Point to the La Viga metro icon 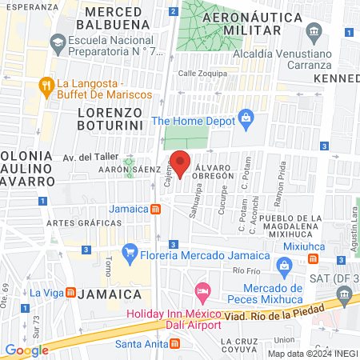click(x=71, y=292)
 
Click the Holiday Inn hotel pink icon click(x=202, y=288)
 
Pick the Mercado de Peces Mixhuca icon click(x=283, y=266)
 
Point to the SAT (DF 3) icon click(x=345, y=295)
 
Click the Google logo click(x=26, y=350)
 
